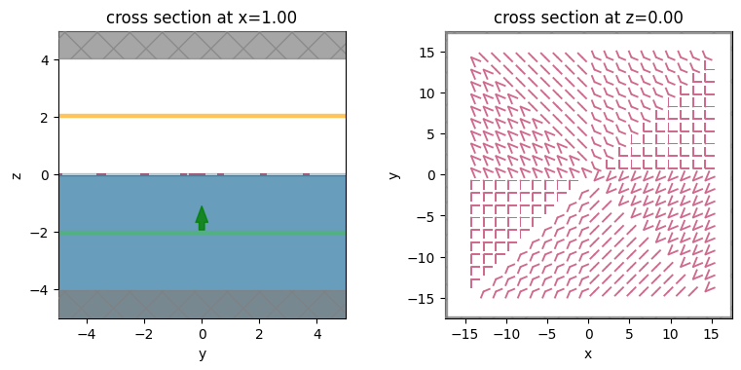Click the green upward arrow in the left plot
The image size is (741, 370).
(202, 217)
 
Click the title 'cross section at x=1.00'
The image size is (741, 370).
(202, 17)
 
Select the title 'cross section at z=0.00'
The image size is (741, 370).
(588, 17)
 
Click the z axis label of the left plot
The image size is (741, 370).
(17, 174)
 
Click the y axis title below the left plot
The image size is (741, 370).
(202, 354)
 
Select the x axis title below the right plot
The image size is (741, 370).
(588, 354)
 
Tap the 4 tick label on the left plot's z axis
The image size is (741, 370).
(45, 59)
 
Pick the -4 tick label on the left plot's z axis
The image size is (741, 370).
(41, 290)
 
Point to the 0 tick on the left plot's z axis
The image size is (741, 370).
(45, 175)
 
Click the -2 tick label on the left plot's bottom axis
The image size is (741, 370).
(144, 333)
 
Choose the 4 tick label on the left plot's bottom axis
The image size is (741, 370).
(317, 333)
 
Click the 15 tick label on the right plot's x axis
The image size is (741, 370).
(711, 333)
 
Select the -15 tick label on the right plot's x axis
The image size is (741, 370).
(465, 333)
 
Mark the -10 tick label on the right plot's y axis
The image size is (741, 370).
(424, 257)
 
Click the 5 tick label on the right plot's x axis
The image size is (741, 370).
(629, 333)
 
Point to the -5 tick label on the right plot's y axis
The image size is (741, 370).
(426, 216)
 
